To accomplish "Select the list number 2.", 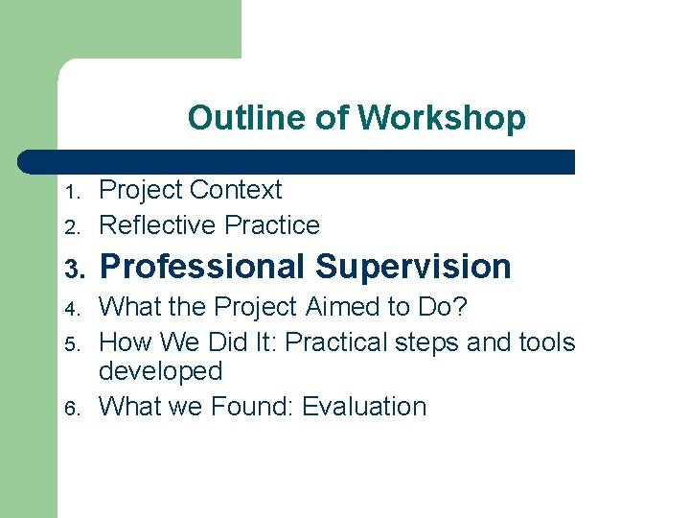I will pyautogui.click(x=69, y=227).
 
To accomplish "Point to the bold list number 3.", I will pyautogui.click(x=72, y=269).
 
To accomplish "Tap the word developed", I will pyautogui.click(x=160, y=372).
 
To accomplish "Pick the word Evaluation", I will pyautogui.click(x=364, y=407).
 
